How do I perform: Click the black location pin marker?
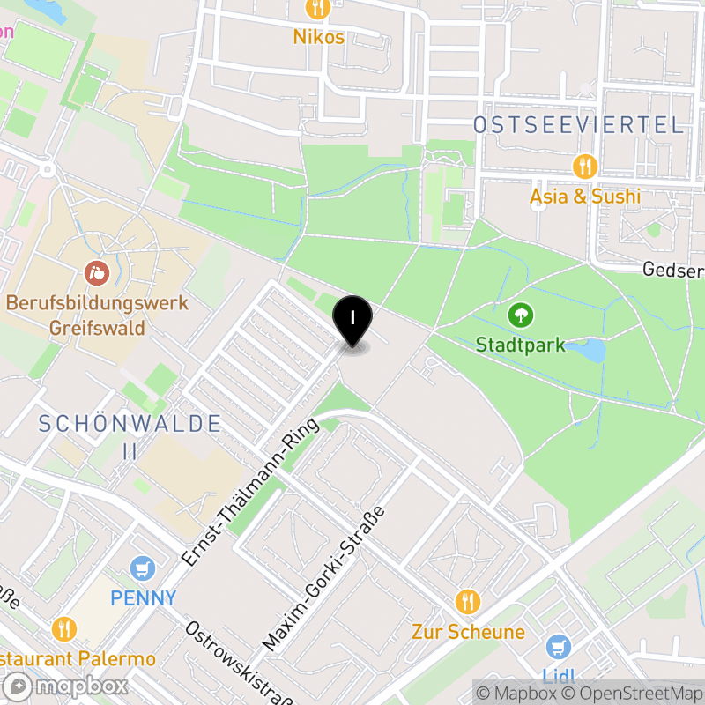tap(352, 320)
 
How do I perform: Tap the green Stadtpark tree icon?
tap(521, 315)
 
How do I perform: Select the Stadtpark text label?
tap(520, 344)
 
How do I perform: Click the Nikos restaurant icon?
tap(318, 9)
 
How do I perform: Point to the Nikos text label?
tap(320, 37)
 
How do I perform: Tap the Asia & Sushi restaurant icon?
tap(584, 166)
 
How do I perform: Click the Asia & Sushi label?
tap(584, 196)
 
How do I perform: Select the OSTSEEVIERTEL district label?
tap(578, 125)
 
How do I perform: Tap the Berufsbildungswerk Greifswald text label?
tap(97, 315)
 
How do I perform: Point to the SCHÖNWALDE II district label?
tap(130, 435)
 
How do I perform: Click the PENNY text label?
tap(143, 598)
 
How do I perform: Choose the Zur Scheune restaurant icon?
tap(468, 602)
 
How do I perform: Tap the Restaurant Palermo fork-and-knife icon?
tap(63, 628)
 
